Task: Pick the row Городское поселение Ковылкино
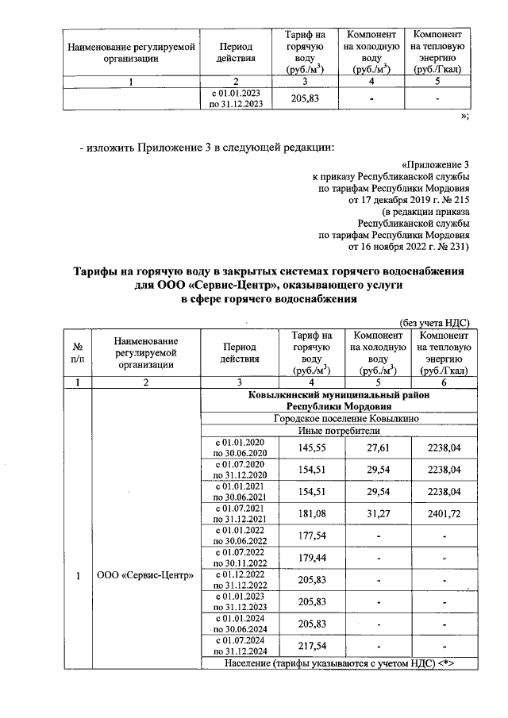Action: click(338, 418)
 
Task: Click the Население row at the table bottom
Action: click(338, 663)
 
